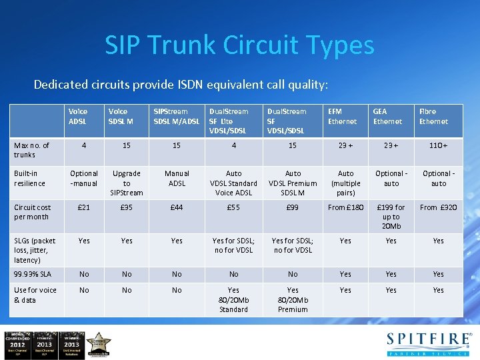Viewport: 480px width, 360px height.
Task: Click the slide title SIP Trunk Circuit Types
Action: tap(239, 45)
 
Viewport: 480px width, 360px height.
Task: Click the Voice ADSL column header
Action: tap(78, 117)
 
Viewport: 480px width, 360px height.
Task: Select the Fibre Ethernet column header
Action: tap(433, 117)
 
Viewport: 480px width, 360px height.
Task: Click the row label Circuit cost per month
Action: tap(33, 212)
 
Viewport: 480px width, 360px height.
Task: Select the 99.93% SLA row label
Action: tap(33, 274)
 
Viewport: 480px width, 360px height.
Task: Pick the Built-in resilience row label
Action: tap(30, 178)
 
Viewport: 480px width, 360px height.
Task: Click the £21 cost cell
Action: tap(84, 208)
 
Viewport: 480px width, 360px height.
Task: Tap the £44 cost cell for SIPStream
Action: tap(177, 208)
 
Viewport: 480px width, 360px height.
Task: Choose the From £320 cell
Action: tap(438, 208)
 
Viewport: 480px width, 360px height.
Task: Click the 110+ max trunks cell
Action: tap(438, 145)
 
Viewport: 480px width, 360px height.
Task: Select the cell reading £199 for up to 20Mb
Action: tap(391, 217)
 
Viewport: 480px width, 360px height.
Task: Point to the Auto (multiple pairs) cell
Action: tap(345, 183)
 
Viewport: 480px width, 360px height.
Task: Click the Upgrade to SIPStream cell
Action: tap(127, 183)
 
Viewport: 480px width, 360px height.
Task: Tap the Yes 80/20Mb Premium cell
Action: tap(293, 300)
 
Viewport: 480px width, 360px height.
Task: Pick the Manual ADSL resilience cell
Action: tap(177, 178)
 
